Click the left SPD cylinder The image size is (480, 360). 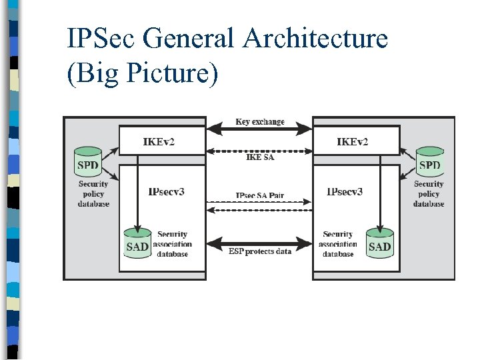(x=88, y=163)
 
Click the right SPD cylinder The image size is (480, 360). (x=429, y=163)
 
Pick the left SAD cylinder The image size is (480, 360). (x=137, y=245)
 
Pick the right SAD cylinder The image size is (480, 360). (x=379, y=245)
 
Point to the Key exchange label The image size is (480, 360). (x=259, y=122)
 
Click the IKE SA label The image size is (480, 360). (x=259, y=157)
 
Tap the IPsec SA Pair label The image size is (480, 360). (x=259, y=195)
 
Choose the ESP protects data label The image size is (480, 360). (x=259, y=251)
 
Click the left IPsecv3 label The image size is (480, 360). (x=166, y=192)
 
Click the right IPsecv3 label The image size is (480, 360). (x=345, y=192)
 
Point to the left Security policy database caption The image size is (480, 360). (x=93, y=194)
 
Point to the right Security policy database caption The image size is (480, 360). (x=428, y=194)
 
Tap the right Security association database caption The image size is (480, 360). (x=338, y=244)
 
